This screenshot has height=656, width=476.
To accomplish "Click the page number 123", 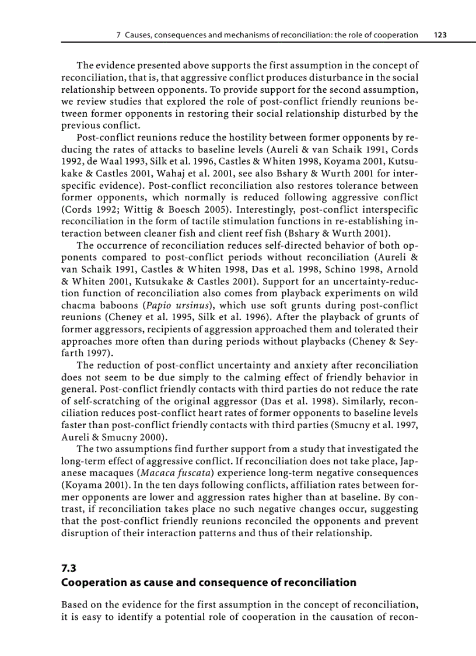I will [440, 35].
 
